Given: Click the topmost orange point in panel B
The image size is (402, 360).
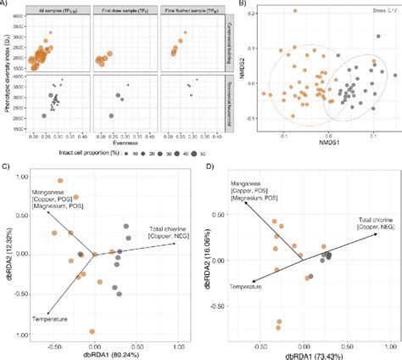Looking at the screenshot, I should pyautogui.click(x=294, y=11).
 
